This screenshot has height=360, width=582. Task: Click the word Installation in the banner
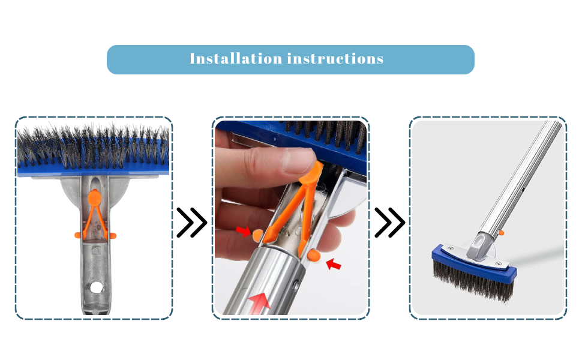(236, 59)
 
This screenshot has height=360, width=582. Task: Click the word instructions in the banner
(335, 59)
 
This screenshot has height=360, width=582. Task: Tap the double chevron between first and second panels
(191, 223)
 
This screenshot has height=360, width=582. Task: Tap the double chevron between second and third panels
(390, 223)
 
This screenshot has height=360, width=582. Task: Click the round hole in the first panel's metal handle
(96, 287)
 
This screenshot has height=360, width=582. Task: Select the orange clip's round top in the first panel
(95, 197)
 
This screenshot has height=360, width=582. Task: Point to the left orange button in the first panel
(77, 235)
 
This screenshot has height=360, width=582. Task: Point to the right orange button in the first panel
(113, 235)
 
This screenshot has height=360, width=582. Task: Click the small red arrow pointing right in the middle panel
(244, 231)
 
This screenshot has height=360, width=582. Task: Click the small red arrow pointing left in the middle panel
(334, 264)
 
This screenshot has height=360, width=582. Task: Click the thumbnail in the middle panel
(299, 160)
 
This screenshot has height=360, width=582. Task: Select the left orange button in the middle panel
(257, 235)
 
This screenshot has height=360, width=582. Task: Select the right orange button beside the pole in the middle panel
(314, 255)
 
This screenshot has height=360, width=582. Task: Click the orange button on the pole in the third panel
(501, 233)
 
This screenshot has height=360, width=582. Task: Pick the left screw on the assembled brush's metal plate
(451, 248)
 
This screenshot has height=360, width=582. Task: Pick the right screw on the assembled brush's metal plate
(499, 263)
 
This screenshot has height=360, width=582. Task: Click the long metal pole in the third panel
(520, 178)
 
